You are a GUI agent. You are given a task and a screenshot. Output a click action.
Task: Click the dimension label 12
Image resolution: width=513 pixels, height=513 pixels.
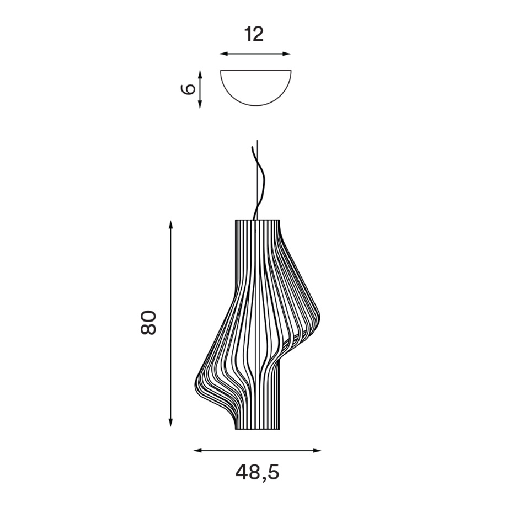point(254,34)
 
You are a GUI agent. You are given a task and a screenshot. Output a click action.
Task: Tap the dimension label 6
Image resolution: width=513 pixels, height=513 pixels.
point(188,89)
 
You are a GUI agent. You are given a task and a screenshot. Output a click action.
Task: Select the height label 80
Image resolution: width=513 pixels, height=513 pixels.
point(148,323)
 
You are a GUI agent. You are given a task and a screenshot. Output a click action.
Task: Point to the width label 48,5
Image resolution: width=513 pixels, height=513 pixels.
point(257,472)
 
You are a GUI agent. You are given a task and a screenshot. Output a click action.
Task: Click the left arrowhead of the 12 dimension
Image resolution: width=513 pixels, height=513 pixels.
point(223,54)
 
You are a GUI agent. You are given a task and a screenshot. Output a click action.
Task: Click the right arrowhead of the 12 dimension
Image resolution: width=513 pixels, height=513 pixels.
point(287,54)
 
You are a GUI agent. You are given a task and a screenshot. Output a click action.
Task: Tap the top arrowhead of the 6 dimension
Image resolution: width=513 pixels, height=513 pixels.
point(200,74)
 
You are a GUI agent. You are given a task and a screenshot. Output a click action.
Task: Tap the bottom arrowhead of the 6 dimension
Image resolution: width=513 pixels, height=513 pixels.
point(200,104)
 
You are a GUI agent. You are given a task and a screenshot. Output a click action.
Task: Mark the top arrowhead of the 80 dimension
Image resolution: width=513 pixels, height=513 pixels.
point(170,225)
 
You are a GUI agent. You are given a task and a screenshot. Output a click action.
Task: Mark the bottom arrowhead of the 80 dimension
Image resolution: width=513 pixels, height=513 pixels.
point(170,423)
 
